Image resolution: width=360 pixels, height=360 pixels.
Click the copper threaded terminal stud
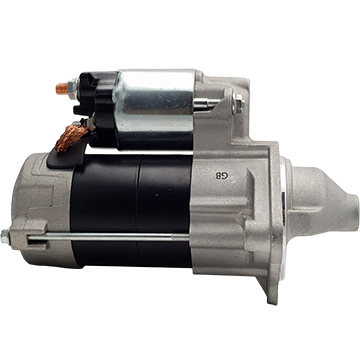tap(62, 89)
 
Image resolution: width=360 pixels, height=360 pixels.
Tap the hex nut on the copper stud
tap(72, 88)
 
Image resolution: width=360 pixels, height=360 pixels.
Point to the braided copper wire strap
tap(70, 137)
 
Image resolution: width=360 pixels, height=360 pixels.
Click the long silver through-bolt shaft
tap(108, 237)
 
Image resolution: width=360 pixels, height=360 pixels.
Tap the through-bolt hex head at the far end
tap(5, 236)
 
